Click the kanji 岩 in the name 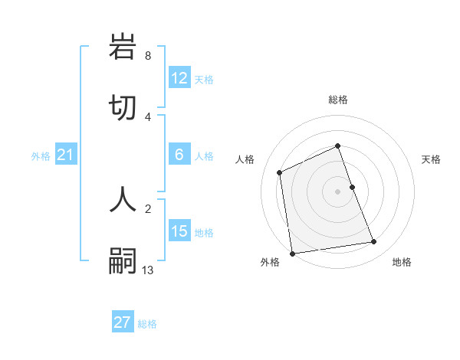(123, 47)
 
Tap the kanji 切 (123, 108)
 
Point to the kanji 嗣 (123, 261)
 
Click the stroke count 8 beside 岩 (147, 56)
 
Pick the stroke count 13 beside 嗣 (148, 270)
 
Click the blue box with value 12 (179, 78)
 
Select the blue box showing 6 (179, 155)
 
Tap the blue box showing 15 (179, 231)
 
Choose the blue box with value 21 (66, 155)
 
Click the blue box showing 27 (123, 322)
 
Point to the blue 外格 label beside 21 (41, 156)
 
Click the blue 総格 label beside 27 (147, 324)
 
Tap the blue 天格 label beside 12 (204, 80)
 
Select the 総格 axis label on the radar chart (338, 100)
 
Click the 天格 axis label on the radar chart (431, 159)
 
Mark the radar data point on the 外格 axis (292, 254)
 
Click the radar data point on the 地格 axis (374, 242)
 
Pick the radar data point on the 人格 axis (280, 172)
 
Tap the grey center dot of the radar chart (338, 191)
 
